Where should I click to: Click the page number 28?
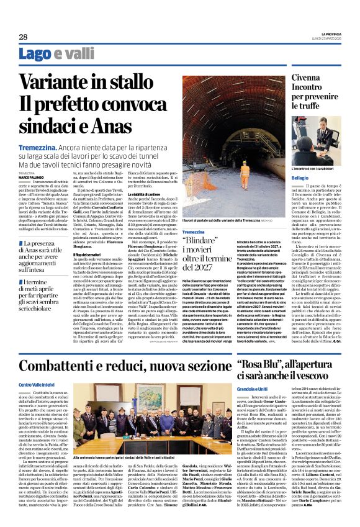pyautogui.click(x=23, y=37)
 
